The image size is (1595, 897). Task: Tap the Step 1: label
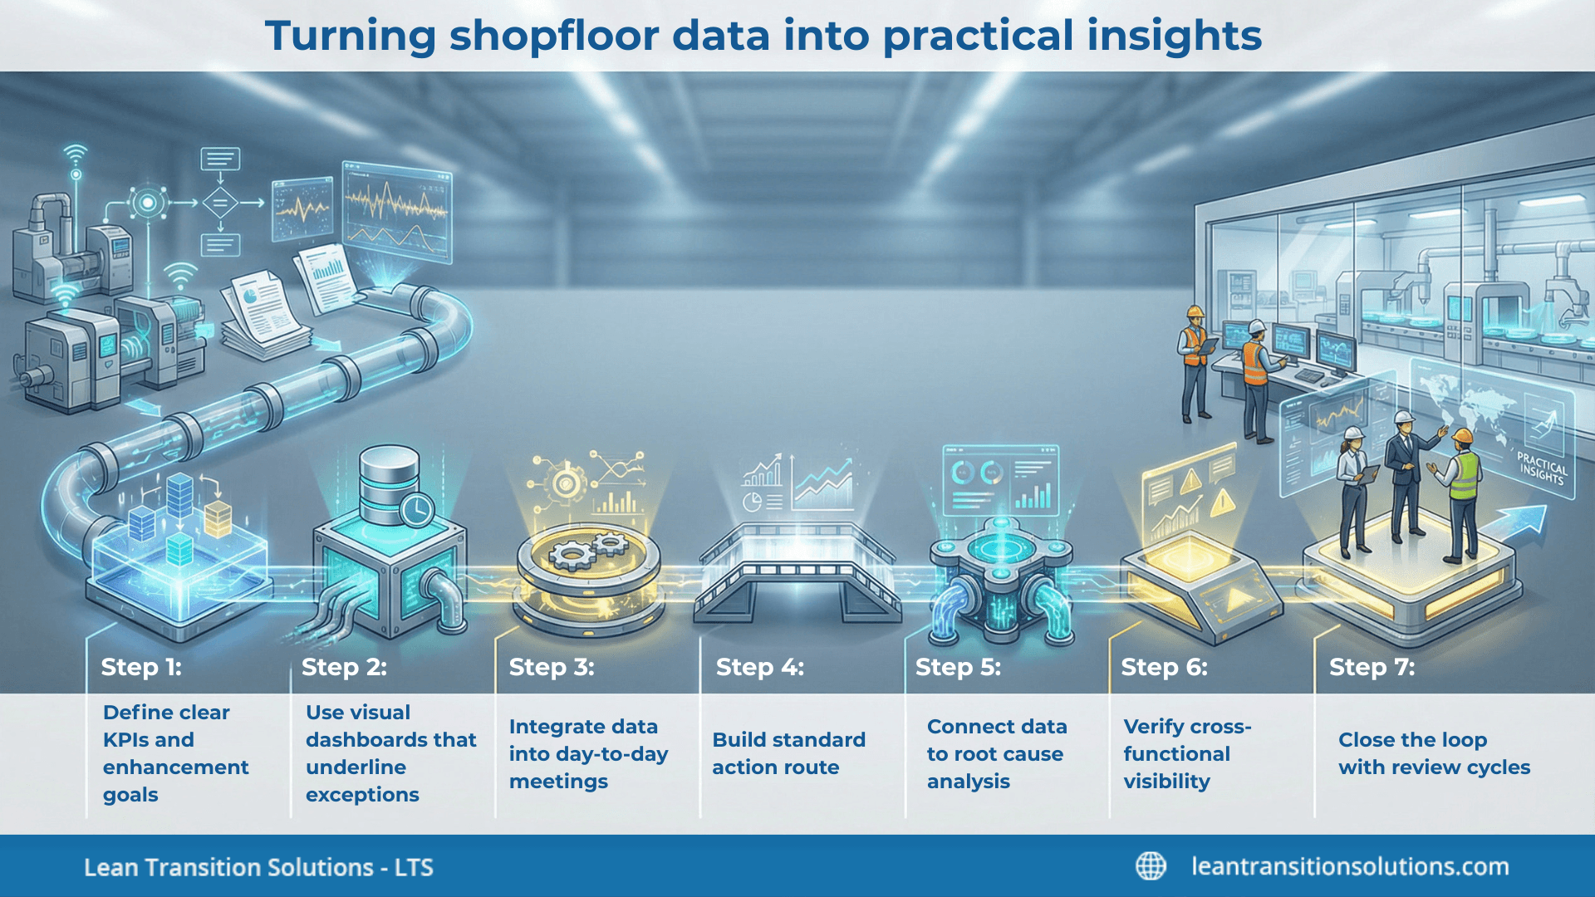[141, 667]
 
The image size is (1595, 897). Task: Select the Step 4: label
[759, 667]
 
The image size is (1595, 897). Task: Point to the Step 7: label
[1372, 667]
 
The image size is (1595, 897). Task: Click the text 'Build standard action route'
[788, 753]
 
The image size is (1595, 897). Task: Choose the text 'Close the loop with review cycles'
[1434, 753]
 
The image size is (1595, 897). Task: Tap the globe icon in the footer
[1151, 866]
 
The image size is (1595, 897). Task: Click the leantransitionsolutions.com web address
[1350, 866]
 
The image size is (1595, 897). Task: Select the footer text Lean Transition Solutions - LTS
[258, 867]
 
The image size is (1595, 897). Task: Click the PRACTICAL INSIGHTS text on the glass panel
[1542, 468]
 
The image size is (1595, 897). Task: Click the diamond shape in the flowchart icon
[220, 202]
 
